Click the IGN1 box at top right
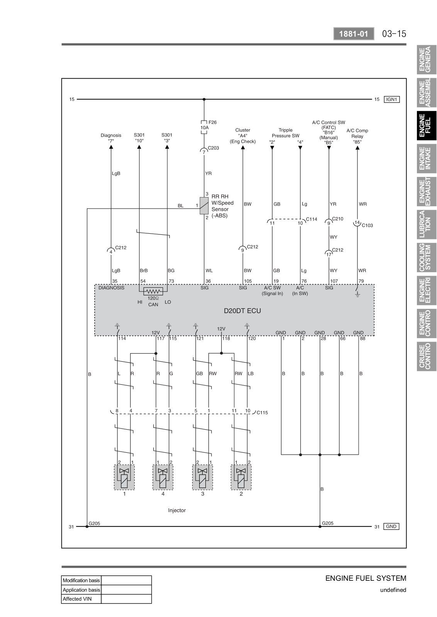point(391,99)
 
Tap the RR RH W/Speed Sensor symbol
point(204,206)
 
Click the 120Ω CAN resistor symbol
point(153,291)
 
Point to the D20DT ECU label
point(242,311)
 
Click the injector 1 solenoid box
point(124,477)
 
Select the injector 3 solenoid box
point(203,477)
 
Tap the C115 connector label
point(262,413)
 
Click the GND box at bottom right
point(391,526)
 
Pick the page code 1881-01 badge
point(354,34)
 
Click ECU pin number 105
point(248,281)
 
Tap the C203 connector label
point(213,148)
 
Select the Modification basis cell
point(81,580)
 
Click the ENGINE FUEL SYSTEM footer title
point(366,578)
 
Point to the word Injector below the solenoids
point(177,510)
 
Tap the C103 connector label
point(367,226)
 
